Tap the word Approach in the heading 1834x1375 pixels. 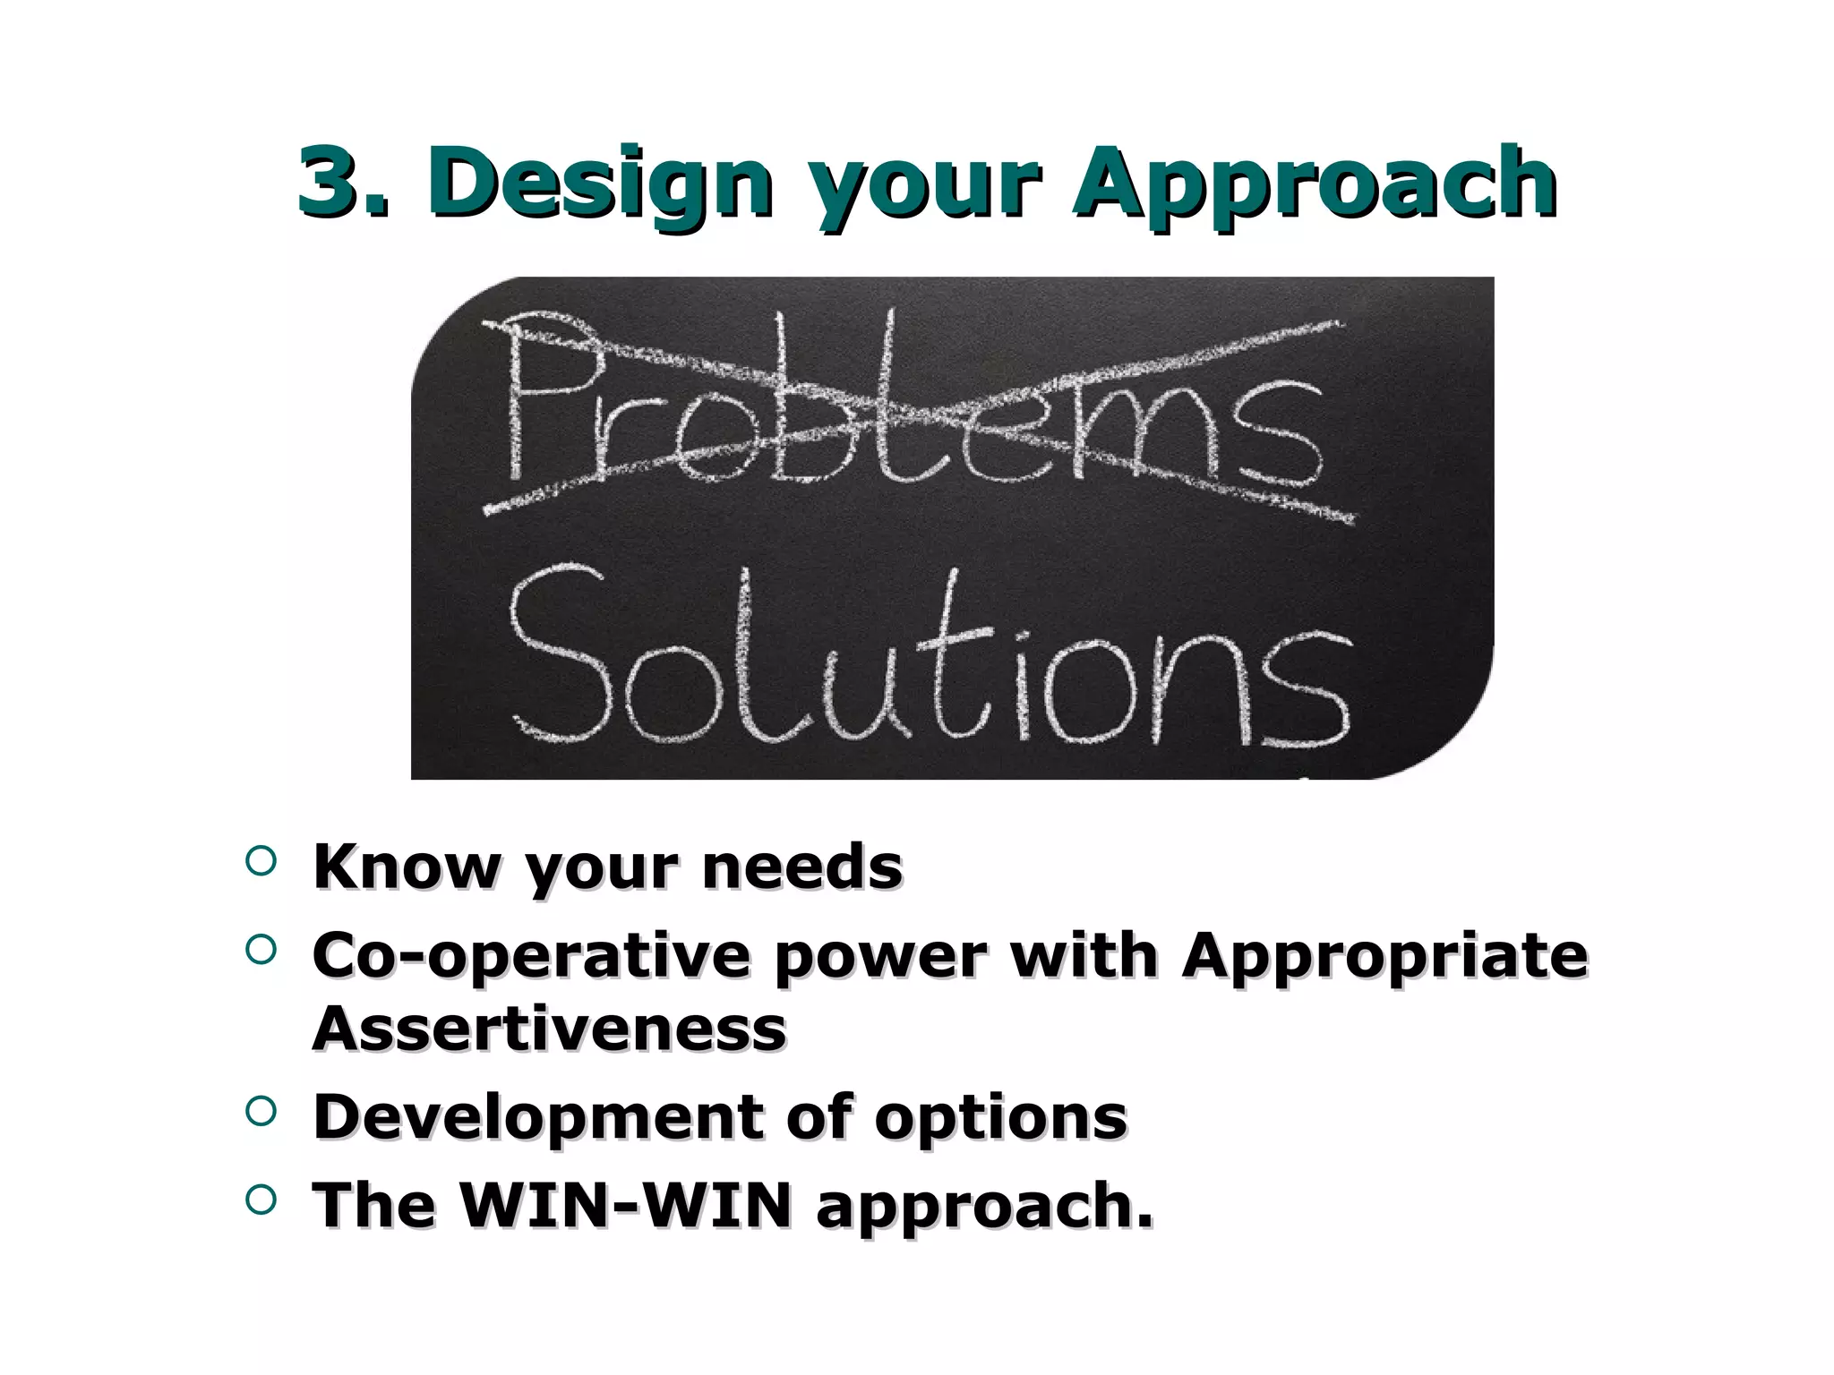1316,184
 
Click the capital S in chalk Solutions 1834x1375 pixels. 560,653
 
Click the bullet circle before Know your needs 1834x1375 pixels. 259,861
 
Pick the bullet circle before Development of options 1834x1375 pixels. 259,1111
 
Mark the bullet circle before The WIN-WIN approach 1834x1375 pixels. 259,1200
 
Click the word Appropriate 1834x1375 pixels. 1384,957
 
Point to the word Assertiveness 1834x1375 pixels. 549,1029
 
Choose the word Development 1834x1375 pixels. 537,1118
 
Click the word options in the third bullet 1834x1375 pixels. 1000,1118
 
